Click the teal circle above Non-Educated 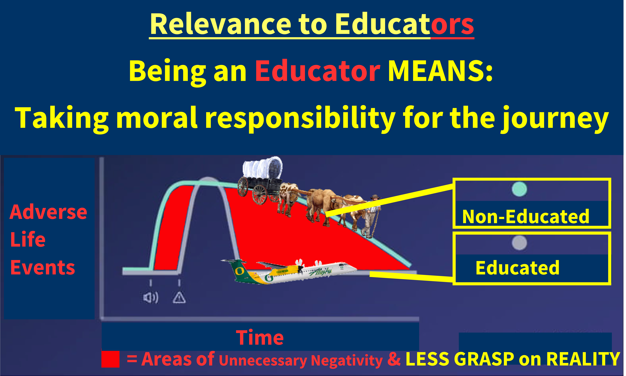pyautogui.click(x=519, y=189)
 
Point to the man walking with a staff pyautogui.click(x=371, y=217)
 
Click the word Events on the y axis pyautogui.click(x=43, y=268)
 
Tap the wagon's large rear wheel pyautogui.click(x=260, y=195)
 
